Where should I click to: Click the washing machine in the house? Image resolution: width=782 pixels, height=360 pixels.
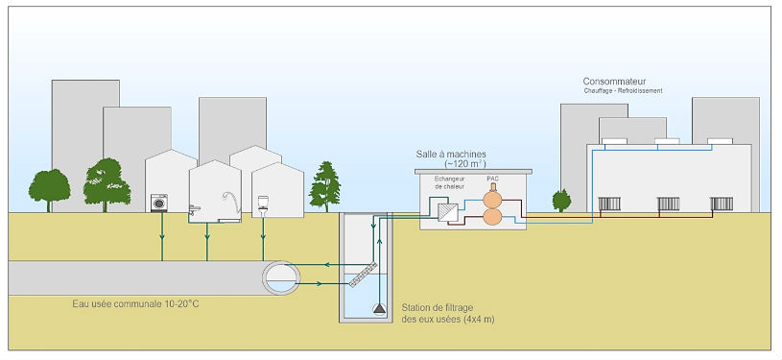point(159,204)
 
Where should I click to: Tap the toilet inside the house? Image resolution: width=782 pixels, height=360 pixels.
point(263,204)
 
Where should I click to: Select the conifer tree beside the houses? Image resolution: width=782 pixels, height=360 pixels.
point(324,186)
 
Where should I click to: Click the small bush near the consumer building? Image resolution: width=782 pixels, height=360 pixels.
point(561,201)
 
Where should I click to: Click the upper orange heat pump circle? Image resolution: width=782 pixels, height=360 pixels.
point(492,198)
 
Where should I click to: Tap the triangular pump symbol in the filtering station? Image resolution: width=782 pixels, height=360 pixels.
point(379,308)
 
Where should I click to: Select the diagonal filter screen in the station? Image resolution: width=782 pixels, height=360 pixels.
point(363,275)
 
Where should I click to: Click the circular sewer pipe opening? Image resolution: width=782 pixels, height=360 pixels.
point(282,277)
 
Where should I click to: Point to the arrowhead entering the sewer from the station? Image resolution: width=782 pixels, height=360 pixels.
point(325,265)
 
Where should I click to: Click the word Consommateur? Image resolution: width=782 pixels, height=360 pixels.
point(614,82)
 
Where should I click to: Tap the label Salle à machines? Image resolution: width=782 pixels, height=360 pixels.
point(451,155)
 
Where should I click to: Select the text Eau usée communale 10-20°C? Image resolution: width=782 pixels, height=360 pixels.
point(135,303)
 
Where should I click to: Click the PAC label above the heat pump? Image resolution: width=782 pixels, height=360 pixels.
point(493,179)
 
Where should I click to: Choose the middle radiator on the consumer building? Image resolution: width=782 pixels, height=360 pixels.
point(668,204)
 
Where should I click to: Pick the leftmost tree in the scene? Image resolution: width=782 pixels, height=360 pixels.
point(49,190)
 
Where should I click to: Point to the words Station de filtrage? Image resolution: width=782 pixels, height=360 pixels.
point(438,307)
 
